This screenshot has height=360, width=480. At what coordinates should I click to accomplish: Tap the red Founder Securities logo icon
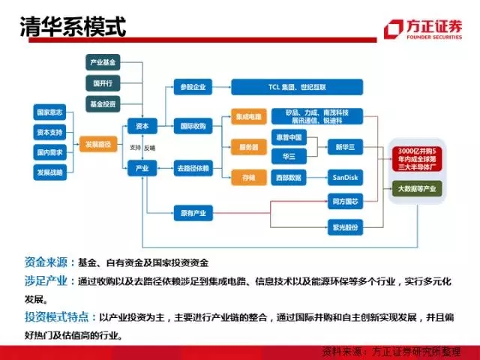coord(392,29)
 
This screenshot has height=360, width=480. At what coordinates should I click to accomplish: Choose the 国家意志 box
coord(50,112)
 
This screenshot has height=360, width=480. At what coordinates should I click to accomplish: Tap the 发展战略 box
coord(50,172)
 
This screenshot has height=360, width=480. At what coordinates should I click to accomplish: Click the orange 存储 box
coord(248,177)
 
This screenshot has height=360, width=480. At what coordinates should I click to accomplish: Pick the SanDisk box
coord(344,177)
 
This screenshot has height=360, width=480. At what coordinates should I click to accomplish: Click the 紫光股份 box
coord(344,226)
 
